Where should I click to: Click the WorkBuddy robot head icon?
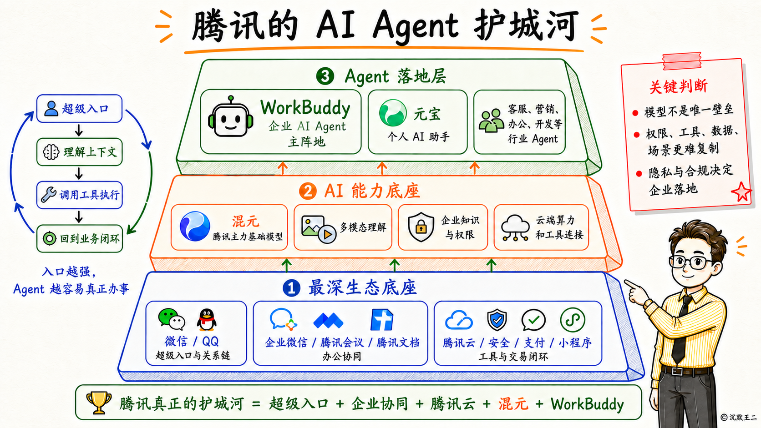[x=231, y=117]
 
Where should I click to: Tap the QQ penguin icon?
[x=207, y=320]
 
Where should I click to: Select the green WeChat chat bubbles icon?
[x=172, y=319]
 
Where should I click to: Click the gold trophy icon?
[x=99, y=403]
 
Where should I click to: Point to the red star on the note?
[x=741, y=192]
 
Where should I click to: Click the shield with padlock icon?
[x=421, y=227]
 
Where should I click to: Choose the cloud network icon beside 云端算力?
[x=515, y=228]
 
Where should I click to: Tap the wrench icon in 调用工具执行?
[x=49, y=195]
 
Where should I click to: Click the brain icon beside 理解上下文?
[x=51, y=152]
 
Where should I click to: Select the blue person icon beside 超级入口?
[x=51, y=109]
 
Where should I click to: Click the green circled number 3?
[x=325, y=76]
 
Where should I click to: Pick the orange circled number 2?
[x=308, y=191]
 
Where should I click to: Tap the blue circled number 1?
[x=291, y=288]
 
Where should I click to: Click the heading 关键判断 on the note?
[x=678, y=86]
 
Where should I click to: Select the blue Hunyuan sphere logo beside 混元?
[x=195, y=227]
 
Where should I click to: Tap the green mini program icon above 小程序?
[x=573, y=320]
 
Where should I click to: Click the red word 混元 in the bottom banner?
[x=513, y=404]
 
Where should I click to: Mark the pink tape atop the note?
[x=681, y=61]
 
